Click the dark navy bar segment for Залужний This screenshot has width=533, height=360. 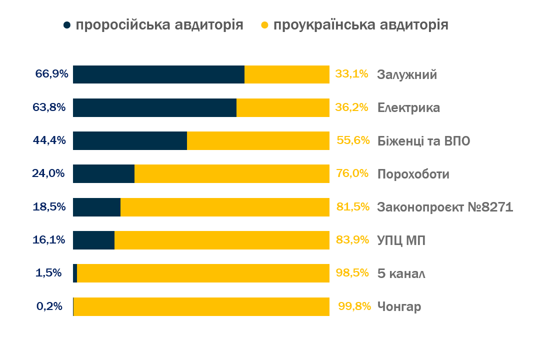point(158,74)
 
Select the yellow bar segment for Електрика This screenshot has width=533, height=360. point(282,107)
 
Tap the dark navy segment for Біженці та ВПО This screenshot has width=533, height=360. point(130,141)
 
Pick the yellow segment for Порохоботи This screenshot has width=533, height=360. point(231,174)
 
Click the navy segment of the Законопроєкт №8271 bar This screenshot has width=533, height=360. point(97,207)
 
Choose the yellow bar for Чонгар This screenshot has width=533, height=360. point(201,306)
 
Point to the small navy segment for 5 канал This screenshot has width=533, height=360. point(75,273)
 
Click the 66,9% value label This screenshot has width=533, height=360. point(51,74)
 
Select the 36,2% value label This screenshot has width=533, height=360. point(351,107)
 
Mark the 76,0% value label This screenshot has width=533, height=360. point(352,173)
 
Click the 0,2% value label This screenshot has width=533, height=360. point(49,306)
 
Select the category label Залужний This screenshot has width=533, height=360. point(407,74)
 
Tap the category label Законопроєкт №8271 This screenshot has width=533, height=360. point(445,207)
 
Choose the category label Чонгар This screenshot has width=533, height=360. point(399,306)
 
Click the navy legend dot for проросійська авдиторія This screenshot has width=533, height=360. point(67,25)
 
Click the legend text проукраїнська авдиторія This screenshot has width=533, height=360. point(361,25)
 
